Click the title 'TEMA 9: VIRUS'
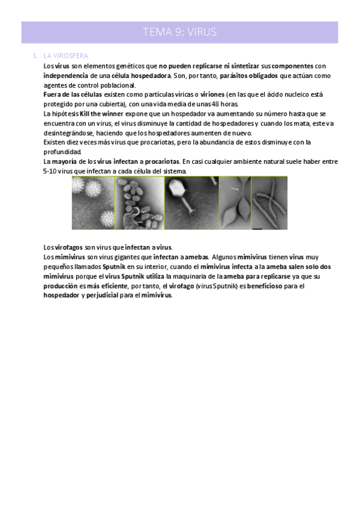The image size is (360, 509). pos(179,32)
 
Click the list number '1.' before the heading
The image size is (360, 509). pos(35,56)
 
